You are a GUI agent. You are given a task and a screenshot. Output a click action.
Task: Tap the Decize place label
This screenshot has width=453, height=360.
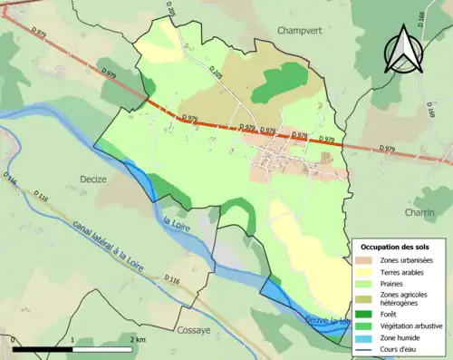94,179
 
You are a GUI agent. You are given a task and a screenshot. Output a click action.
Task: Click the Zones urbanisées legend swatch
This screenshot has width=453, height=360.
368,260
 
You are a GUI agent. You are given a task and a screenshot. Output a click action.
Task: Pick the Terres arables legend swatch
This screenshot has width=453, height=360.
368,272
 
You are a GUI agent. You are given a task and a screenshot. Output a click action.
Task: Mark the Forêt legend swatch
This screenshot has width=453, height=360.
368,314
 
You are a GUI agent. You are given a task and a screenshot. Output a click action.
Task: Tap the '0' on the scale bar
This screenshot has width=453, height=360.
14,339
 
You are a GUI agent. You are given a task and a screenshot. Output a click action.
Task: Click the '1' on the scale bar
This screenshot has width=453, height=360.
72,339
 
